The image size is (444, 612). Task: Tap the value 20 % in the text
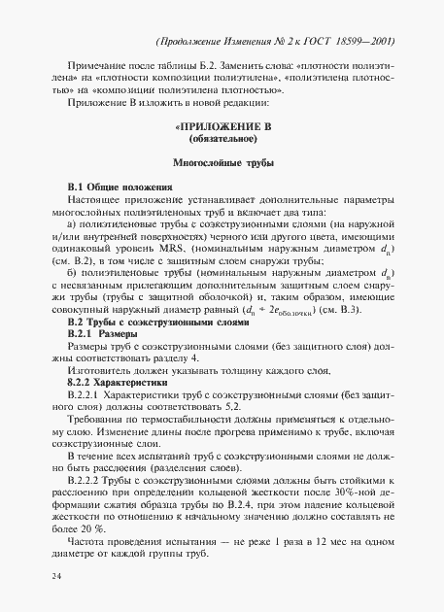(81, 529)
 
